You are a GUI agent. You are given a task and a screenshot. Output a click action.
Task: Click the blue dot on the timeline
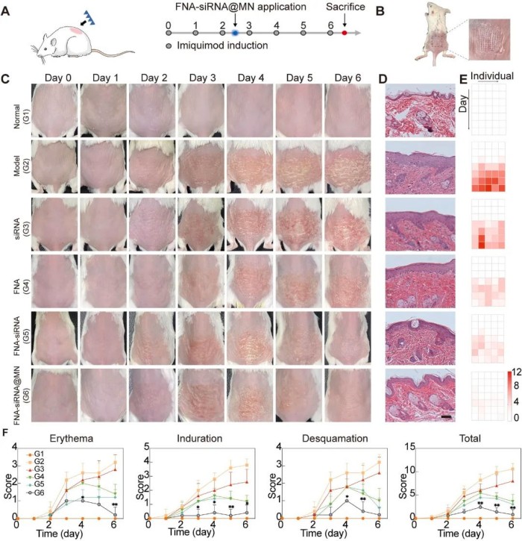[x=235, y=34]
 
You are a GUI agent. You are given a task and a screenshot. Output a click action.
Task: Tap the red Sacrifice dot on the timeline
[x=344, y=34]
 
